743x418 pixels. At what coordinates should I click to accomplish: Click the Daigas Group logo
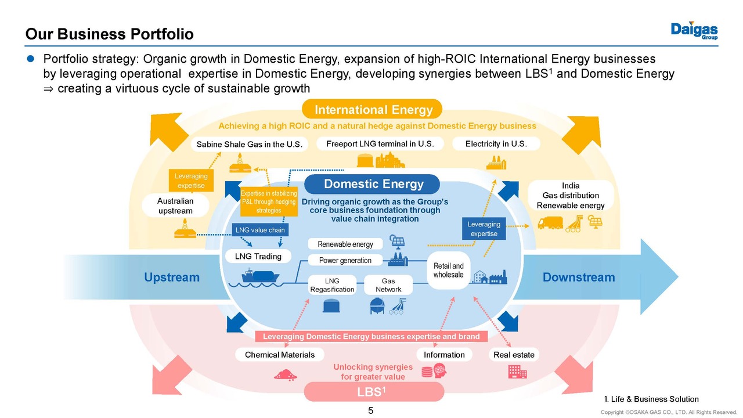pos(694,31)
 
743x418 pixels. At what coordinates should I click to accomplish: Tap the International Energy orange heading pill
pos(373,110)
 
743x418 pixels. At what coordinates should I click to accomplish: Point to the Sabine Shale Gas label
pos(250,144)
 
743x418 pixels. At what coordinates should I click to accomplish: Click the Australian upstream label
pos(175,206)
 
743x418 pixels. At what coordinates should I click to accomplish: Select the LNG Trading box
pos(258,256)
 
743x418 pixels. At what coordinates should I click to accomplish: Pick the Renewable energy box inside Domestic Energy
pos(345,244)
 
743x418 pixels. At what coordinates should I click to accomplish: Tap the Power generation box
pos(345,260)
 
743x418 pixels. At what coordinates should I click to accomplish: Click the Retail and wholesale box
pos(448,270)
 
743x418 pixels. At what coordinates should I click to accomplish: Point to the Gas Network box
pos(388,285)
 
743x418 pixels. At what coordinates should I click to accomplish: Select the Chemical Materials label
pos(280,354)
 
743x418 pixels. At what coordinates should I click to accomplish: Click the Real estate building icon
pos(517,372)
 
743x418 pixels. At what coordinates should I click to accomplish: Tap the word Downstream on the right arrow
pos(578,278)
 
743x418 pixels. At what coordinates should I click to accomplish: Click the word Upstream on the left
pos(172,278)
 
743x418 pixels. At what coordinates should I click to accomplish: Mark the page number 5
pos(371,411)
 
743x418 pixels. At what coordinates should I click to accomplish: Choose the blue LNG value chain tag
pos(260,230)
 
